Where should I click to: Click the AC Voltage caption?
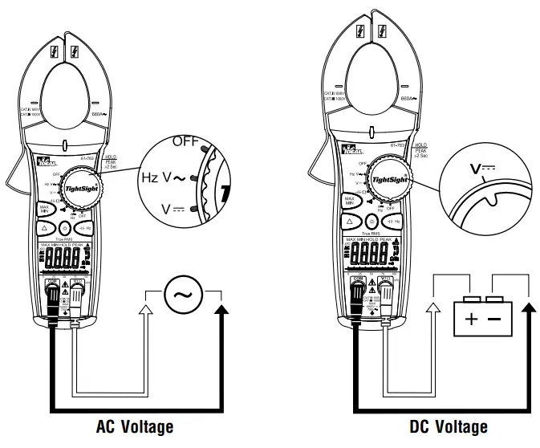[x=134, y=426]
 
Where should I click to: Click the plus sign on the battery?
[x=470, y=318]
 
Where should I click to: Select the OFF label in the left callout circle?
[x=185, y=141]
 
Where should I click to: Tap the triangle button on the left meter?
[x=45, y=229]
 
